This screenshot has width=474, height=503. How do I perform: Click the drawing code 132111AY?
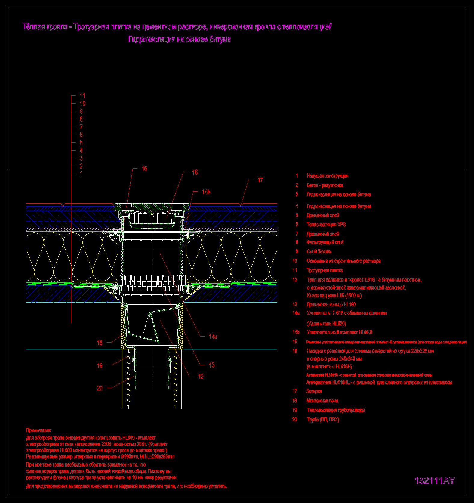point(435,481)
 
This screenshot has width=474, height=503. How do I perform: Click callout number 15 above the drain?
point(144,169)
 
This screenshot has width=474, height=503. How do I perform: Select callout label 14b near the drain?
point(206,192)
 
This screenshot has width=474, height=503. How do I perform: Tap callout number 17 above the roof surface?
point(260,180)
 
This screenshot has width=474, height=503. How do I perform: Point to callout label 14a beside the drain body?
point(213,337)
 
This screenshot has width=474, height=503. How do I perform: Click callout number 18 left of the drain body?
point(100,343)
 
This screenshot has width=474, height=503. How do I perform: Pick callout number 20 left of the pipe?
point(100,388)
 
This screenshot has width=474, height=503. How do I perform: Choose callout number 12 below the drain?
point(201,377)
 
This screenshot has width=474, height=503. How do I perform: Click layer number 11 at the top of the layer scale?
point(82,96)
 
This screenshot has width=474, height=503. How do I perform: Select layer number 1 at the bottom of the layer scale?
point(81,174)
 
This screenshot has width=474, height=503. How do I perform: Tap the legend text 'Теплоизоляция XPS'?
point(326,225)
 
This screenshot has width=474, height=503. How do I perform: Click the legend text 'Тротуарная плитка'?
point(325,270)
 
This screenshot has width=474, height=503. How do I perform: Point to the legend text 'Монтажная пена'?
point(322,401)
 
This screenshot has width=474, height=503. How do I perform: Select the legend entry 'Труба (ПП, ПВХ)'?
point(323,420)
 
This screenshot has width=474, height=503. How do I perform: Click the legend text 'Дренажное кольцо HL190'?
point(331,305)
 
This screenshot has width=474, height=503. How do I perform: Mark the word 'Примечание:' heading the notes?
point(38,430)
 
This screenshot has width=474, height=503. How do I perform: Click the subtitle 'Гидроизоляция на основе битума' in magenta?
point(180,39)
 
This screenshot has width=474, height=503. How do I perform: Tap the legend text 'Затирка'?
point(314,391)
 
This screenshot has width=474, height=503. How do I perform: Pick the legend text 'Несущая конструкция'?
point(327,176)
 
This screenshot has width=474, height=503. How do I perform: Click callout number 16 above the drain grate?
point(195,172)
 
